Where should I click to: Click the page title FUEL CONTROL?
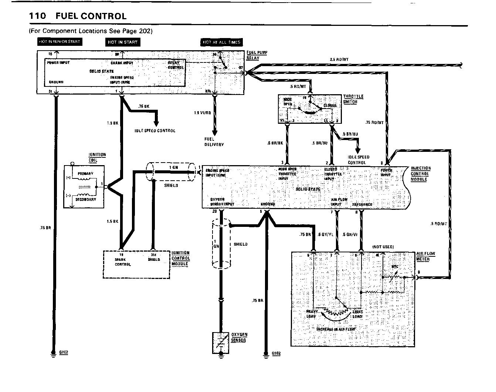(x=91, y=16)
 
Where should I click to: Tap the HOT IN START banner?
(x=123, y=42)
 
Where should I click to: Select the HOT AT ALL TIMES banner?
(x=222, y=42)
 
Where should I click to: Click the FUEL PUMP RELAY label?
(x=257, y=55)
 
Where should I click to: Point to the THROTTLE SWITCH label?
(x=353, y=99)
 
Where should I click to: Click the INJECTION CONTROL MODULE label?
(x=421, y=174)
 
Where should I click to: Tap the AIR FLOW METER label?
(x=425, y=256)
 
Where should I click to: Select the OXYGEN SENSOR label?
(x=239, y=337)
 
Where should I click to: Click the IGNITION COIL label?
(x=97, y=157)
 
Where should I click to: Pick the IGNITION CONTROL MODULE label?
(x=181, y=259)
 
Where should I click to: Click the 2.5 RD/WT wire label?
(x=339, y=59)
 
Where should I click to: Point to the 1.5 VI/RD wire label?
(x=202, y=113)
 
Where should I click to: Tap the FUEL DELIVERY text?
(x=214, y=142)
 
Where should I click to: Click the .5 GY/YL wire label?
(x=326, y=235)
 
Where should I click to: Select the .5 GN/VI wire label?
(x=350, y=235)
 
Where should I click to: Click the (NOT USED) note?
(x=383, y=247)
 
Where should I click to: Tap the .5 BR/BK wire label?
(x=275, y=143)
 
